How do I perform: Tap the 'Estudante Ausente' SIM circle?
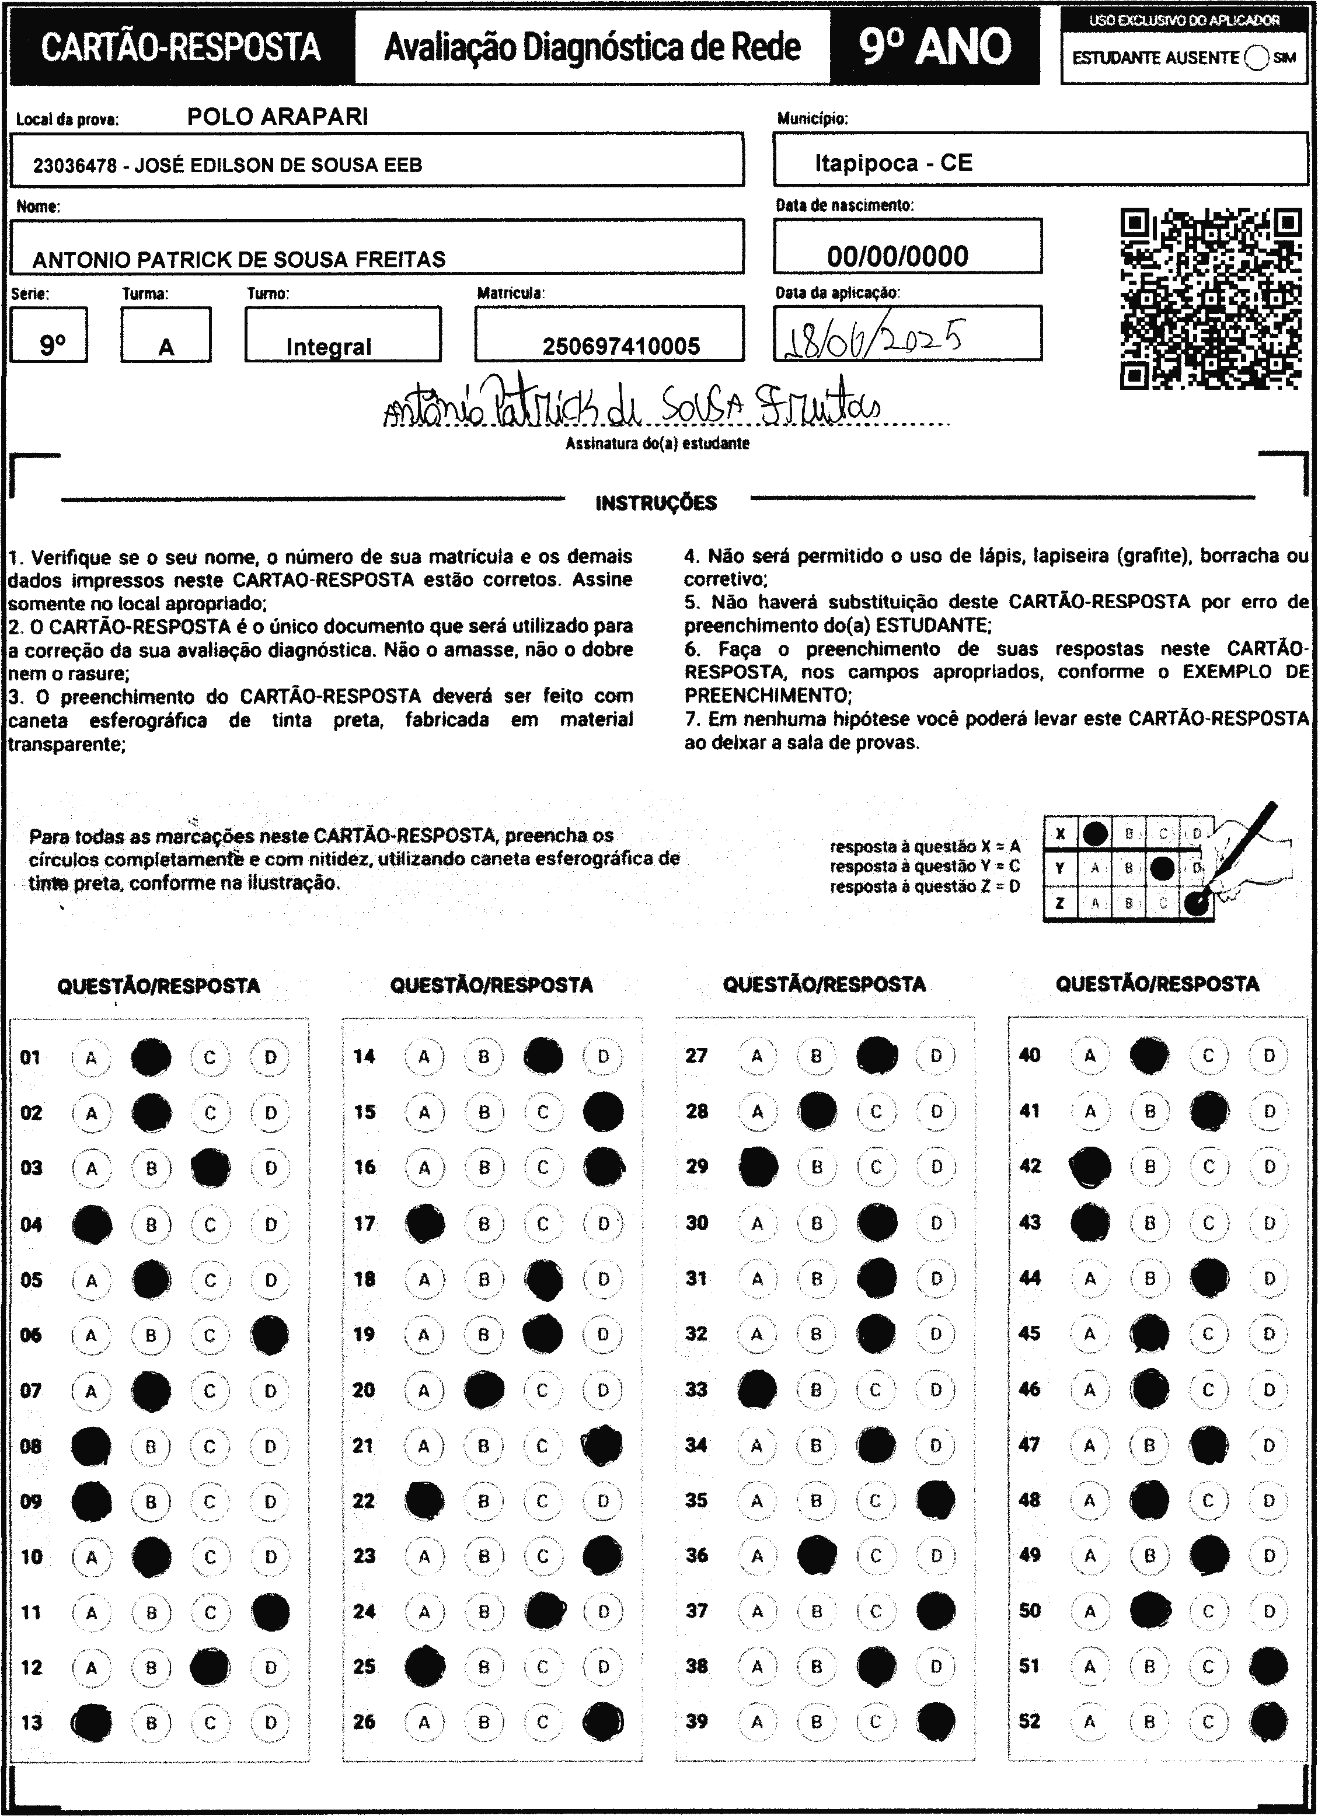(x=1257, y=58)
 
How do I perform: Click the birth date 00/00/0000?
(x=898, y=256)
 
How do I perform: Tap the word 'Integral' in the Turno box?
(x=328, y=347)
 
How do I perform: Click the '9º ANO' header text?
(x=935, y=47)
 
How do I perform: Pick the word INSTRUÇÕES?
(x=656, y=503)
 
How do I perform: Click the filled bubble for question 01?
(x=151, y=1057)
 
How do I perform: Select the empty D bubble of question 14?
(x=603, y=1057)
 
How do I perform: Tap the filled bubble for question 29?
(x=758, y=1167)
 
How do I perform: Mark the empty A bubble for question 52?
(x=1090, y=1721)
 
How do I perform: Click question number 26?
(x=364, y=1721)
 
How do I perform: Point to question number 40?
(x=1030, y=1055)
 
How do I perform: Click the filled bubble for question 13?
(x=91, y=1721)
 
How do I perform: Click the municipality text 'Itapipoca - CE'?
(x=893, y=163)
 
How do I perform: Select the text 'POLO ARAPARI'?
(x=277, y=117)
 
